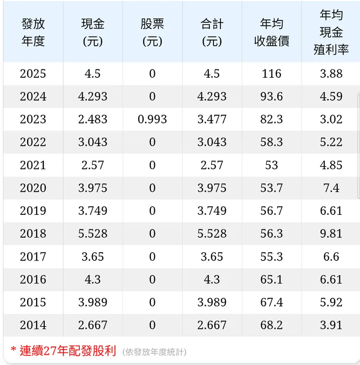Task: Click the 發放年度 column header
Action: click(x=33, y=33)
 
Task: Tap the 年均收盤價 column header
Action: click(x=271, y=33)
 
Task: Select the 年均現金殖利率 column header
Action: click(x=331, y=33)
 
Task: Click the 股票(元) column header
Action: click(x=152, y=33)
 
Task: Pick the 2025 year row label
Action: click(x=33, y=74)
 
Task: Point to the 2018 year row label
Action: click(x=33, y=234)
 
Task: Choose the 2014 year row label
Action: click(x=33, y=325)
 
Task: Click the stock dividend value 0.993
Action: click(x=152, y=120)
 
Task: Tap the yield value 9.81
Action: click(x=331, y=234)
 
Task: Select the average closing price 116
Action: click(x=271, y=74)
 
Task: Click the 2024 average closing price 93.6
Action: click(x=271, y=97)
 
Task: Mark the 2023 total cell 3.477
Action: click(x=212, y=120)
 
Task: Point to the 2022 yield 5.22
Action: click(x=331, y=142)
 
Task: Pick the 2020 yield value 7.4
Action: click(x=331, y=188)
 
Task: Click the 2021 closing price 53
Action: click(x=271, y=165)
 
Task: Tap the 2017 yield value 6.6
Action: click(x=331, y=257)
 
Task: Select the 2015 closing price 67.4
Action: click(x=271, y=302)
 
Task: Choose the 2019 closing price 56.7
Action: click(x=271, y=211)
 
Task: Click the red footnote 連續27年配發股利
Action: click(x=67, y=351)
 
